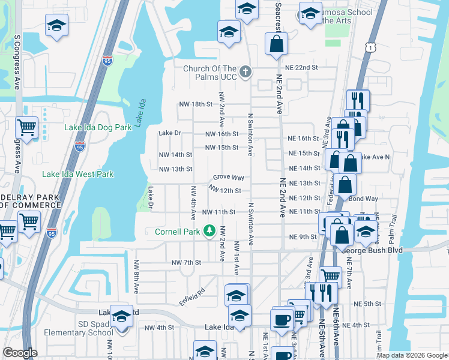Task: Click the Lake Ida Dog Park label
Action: click(98, 128)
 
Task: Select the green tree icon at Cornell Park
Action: click(209, 230)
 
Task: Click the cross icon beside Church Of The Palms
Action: click(245, 73)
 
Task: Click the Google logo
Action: click(20, 353)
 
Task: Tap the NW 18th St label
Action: click(196, 104)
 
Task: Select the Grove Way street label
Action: click(228, 178)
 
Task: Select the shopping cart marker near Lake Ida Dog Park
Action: click(26, 127)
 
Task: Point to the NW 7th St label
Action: click(185, 263)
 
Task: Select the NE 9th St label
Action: click(302, 237)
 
